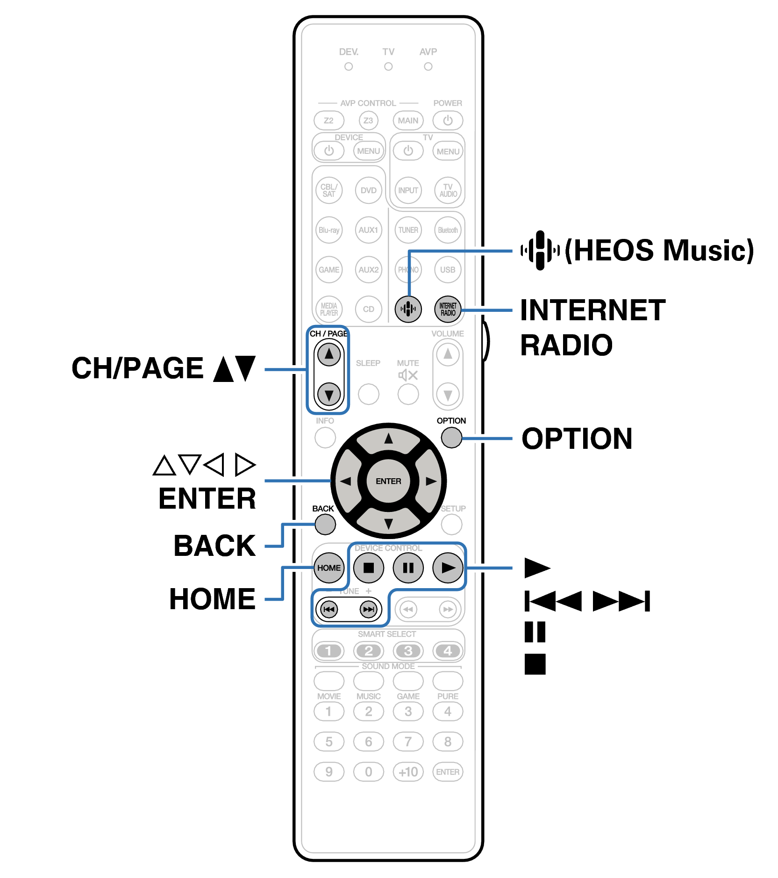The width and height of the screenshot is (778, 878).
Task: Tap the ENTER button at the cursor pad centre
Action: point(388,481)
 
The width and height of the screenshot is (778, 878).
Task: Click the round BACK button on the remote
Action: point(325,524)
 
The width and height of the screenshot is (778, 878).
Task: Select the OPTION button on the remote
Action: point(451,438)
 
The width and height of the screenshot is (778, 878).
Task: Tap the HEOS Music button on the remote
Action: point(408,309)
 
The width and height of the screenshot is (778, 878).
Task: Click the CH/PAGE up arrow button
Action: point(329,354)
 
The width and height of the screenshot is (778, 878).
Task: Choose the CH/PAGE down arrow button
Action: point(329,395)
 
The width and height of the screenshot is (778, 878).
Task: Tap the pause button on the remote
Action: point(408,568)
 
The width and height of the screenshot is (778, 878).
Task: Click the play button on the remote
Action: point(448,568)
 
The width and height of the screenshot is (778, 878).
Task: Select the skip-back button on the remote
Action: point(329,609)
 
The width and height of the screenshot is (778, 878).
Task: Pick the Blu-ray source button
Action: point(329,230)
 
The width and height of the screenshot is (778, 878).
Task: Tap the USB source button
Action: point(448,270)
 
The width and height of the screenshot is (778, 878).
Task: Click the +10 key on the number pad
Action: point(408,772)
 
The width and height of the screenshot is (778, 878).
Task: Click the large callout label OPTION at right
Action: point(577,439)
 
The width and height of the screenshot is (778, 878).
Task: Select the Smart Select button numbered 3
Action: point(408,651)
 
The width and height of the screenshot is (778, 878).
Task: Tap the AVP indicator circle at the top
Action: point(428,67)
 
